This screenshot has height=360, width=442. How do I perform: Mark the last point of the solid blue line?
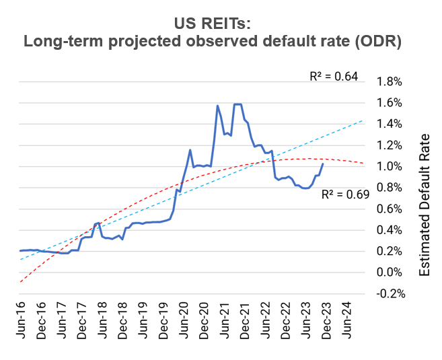coord(323,164)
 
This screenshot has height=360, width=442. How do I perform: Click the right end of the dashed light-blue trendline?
coord(363,120)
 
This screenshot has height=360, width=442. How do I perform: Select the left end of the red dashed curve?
coord(21,283)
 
